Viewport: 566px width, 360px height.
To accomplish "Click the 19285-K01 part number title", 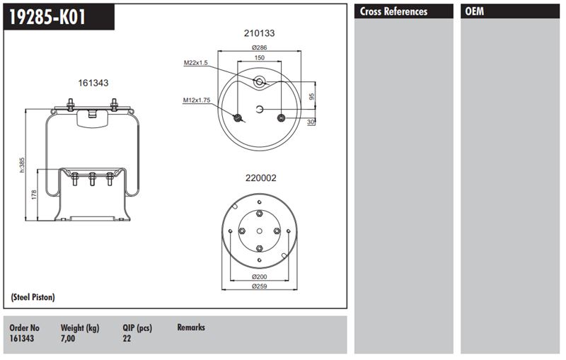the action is point(47,17).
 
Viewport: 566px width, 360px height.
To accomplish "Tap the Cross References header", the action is point(393,11).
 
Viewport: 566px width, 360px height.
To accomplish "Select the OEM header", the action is point(474,11).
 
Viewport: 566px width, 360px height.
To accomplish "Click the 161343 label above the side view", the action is point(93,83).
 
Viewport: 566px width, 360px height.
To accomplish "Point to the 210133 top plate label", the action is point(259,33).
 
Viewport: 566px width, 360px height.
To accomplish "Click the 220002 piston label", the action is point(260,178).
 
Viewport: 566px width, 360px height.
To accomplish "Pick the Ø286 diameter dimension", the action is point(259,47).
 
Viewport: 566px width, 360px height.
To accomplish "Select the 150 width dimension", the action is point(259,58).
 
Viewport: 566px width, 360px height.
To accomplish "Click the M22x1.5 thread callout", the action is point(196,63).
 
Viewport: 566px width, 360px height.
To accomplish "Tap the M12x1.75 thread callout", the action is point(197,100).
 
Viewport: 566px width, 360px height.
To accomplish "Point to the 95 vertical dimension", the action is point(312,96).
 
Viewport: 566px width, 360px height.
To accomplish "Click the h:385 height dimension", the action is point(22,165).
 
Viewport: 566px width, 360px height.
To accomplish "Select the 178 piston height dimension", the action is point(34,194).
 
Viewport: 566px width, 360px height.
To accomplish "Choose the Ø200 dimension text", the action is point(259,277).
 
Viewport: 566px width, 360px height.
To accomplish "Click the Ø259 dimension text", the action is point(259,286).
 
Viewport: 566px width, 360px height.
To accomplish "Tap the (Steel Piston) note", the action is point(33,297).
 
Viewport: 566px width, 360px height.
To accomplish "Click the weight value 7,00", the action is point(68,338).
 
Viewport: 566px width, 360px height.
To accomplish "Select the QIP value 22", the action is point(127,338).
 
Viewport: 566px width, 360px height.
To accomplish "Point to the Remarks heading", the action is point(191,327).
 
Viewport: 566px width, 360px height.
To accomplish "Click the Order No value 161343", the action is point(22,338).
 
